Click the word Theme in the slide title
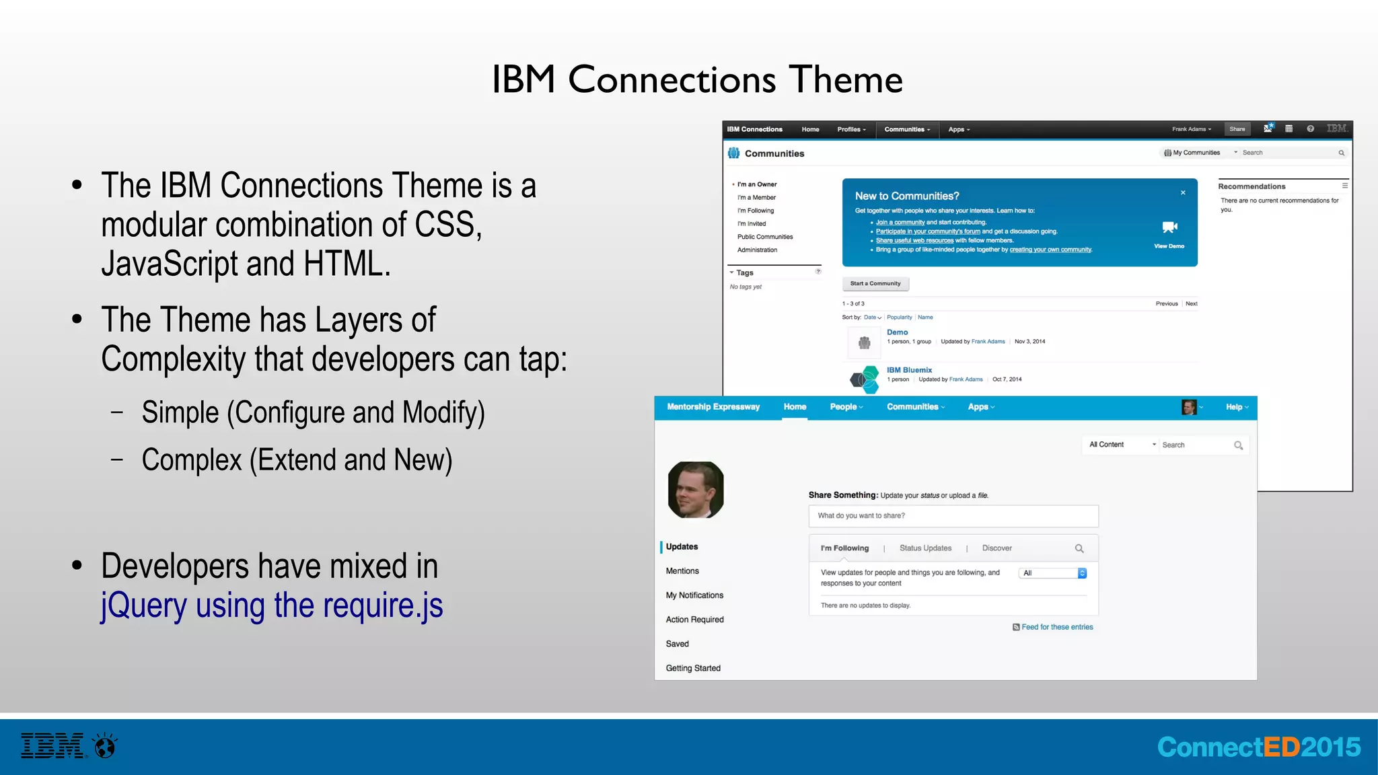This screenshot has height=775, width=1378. click(x=845, y=79)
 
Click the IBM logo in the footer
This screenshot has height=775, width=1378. click(x=53, y=745)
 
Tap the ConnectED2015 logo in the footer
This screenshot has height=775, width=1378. click(x=1258, y=747)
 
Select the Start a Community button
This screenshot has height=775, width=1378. click(x=875, y=284)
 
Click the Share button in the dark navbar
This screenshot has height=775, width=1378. click(x=1237, y=129)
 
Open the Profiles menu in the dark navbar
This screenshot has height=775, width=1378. click(x=851, y=129)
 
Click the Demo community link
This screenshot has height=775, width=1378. click(x=897, y=332)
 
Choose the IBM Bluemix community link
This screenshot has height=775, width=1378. click(x=909, y=370)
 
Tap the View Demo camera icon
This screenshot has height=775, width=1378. click(x=1169, y=227)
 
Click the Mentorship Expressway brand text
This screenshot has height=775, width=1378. click(x=713, y=407)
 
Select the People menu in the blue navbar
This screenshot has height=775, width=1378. click(x=845, y=407)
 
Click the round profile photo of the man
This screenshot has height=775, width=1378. click(x=696, y=490)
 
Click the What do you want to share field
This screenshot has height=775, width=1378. click(x=953, y=516)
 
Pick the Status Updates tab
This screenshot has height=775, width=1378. click(x=925, y=548)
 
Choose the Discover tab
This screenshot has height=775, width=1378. click(x=996, y=548)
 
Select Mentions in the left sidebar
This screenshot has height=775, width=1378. click(x=682, y=571)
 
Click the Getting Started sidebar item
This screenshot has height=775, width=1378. click(x=693, y=668)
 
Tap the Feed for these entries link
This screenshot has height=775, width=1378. click(x=1056, y=627)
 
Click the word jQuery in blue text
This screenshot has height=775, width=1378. click(x=143, y=605)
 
